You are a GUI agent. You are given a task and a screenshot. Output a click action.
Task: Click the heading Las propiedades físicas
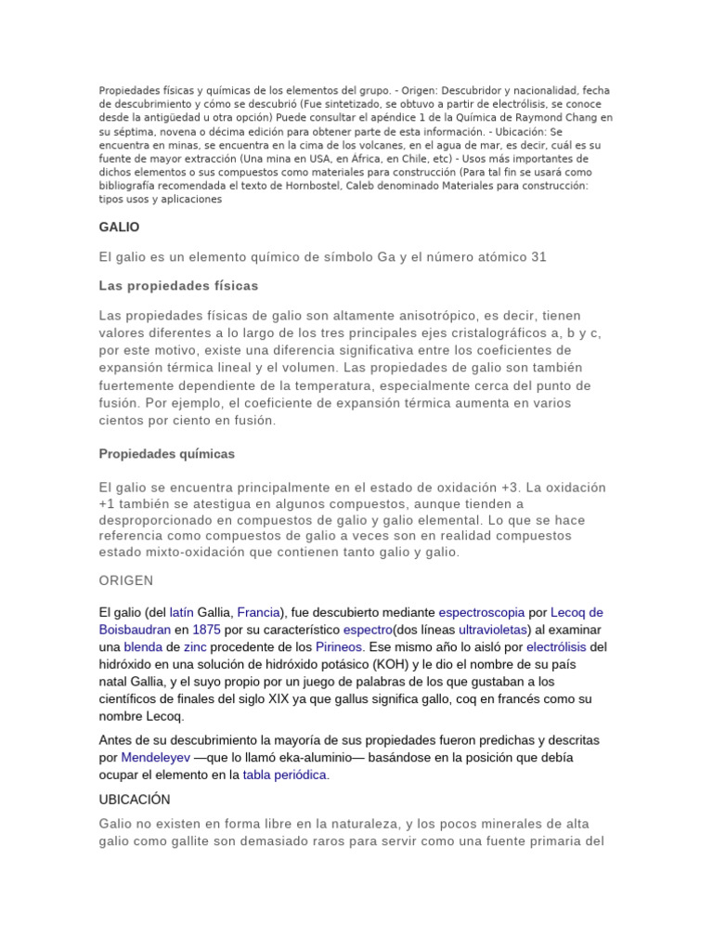click(178, 285)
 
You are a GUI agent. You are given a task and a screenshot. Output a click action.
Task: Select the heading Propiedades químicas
click(167, 454)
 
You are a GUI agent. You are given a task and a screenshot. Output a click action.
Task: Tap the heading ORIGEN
click(125, 580)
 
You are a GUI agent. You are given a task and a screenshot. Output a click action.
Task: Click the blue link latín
click(182, 613)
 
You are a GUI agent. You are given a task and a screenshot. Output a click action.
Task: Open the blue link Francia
click(259, 613)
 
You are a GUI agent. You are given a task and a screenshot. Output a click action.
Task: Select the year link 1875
click(207, 630)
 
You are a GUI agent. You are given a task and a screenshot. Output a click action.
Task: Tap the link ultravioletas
click(493, 630)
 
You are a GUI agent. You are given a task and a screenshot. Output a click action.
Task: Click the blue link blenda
click(143, 646)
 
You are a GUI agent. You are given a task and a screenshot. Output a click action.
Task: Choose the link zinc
click(196, 646)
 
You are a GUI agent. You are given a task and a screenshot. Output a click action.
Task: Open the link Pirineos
click(338, 646)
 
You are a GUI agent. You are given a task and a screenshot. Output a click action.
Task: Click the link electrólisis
click(556, 646)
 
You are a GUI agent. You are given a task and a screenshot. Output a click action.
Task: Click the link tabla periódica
click(285, 775)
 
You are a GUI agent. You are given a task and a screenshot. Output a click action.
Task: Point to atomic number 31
click(538, 256)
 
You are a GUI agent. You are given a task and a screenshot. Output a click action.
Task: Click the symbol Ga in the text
click(385, 256)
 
